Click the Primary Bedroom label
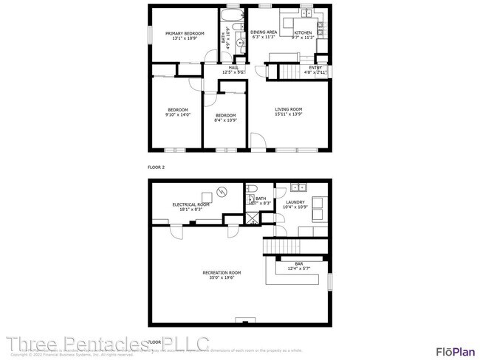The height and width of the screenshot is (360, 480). tap(184, 34)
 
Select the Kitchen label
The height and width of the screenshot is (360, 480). tap(303, 33)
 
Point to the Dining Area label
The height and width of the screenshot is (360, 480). tap(264, 33)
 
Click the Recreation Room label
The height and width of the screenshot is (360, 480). tap(222, 273)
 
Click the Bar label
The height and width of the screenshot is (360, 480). tap(299, 264)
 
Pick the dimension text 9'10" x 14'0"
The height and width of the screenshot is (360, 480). tap(177, 115)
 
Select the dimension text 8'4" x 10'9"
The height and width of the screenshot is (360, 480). tap(225, 120)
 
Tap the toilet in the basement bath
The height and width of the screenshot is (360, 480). tap(251, 196)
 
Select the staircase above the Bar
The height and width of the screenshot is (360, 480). tap(279, 246)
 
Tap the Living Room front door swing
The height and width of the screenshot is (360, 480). tap(258, 140)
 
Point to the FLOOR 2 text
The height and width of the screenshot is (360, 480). tap(156, 168)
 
